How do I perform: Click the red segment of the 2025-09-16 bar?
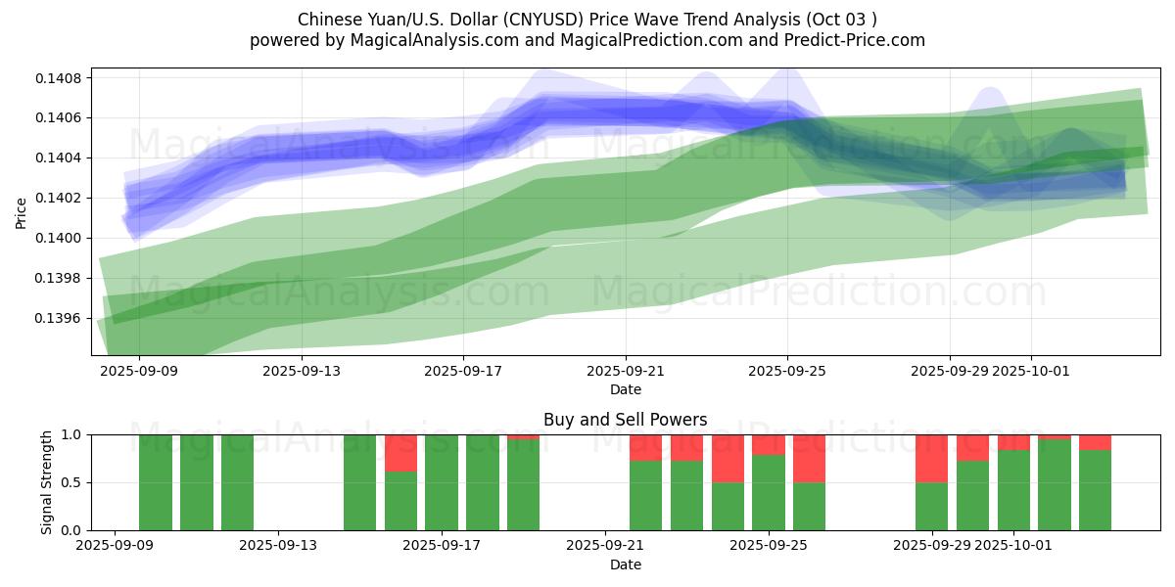click(400, 453)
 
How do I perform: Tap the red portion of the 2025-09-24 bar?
click(728, 458)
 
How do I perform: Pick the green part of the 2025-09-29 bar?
click(931, 506)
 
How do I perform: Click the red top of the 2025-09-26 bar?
click(809, 458)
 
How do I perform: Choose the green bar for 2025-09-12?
click(237, 482)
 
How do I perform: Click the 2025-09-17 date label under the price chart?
click(463, 372)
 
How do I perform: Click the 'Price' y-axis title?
click(22, 211)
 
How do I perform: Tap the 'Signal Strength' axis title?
click(46, 482)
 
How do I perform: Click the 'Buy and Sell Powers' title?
click(626, 420)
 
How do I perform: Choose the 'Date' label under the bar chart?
click(626, 564)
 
